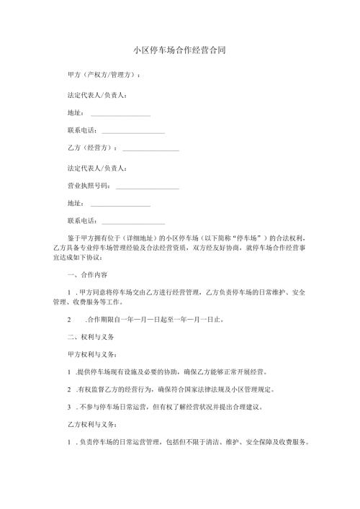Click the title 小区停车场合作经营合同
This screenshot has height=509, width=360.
click(180, 50)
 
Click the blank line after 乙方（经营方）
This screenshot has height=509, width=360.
click(151, 149)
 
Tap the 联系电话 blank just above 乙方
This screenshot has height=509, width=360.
click(133, 132)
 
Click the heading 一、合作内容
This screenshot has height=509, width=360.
click(86, 275)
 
